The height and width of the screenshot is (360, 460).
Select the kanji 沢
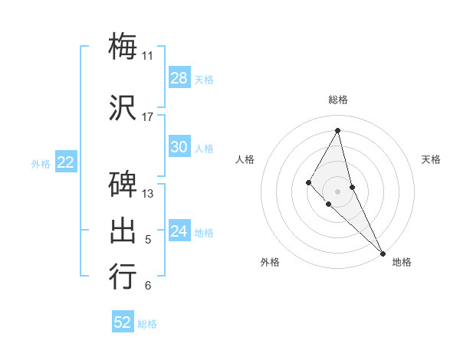tap(123, 106)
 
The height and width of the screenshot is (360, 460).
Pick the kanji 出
tap(123, 231)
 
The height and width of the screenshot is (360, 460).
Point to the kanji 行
tap(123, 277)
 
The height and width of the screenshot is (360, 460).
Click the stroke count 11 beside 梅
tap(147, 56)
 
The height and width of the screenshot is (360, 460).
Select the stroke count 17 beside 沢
tap(147, 117)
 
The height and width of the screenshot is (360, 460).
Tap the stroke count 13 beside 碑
tap(147, 194)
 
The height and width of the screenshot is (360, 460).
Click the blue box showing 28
tap(179, 78)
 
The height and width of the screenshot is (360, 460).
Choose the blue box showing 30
tap(179, 147)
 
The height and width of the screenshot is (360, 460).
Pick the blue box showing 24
tap(179, 231)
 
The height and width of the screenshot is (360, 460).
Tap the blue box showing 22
tap(66, 162)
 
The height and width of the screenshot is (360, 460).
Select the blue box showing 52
tap(123, 322)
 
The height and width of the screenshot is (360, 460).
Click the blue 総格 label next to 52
tap(147, 324)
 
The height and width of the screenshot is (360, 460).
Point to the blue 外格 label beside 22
tap(41, 163)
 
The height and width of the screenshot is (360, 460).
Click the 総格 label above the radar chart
tap(337, 100)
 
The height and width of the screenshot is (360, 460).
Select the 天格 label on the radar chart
tap(432, 159)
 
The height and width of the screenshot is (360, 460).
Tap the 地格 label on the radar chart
tap(402, 262)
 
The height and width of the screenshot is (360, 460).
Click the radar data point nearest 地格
tap(382, 252)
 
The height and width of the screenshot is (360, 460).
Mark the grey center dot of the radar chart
tap(337, 191)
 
